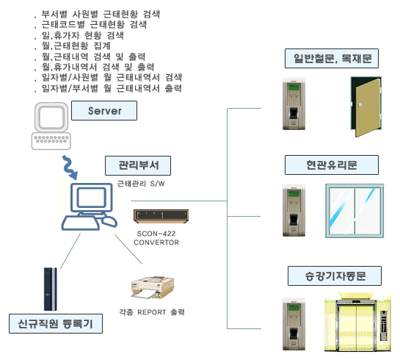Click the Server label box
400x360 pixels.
tap(104, 110)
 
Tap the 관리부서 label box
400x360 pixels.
tap(138, 166)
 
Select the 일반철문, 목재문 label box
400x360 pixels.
tap(332, 59)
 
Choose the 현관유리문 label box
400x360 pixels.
tap(332, 165)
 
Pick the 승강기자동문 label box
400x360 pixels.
tap(335, 276)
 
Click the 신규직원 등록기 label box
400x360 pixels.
tap(56, 324)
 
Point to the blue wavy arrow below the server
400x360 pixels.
tap(70, 168)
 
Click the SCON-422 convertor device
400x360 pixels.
tap(161, 216)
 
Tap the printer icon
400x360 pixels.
tap(153, 288)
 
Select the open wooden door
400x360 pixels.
tap(366, 107)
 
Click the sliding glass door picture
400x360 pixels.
tap(354, 211)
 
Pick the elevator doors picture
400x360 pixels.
tap(357, 323)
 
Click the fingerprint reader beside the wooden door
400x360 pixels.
tap(294, 104)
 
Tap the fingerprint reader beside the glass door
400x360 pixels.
tap(294, 210)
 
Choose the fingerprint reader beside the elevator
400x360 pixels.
tap(294, 324)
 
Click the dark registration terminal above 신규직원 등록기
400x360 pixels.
tap(50, 289)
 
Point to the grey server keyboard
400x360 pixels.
tap(51, 141)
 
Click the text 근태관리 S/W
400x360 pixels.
tap(141, 184)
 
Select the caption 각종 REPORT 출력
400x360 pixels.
tap(152, 312)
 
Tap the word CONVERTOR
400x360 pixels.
tap(156, 242)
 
